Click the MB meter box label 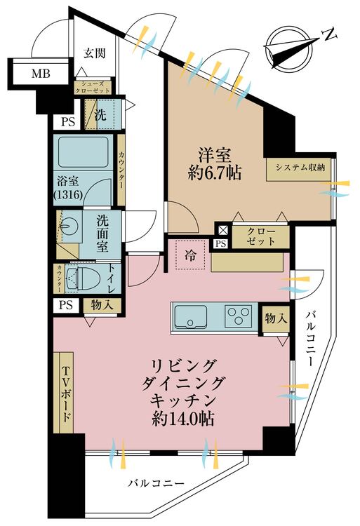coord(41,73)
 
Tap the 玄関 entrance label coord(95,53)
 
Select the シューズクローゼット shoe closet coord(92,88)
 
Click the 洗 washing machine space coord(100,115)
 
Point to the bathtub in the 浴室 coord(84,151)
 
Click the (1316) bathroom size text coord(68,195)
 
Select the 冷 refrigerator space coord(190,255)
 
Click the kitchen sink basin coord(189,317)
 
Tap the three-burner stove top coord(238,316)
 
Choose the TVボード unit coord(64,393)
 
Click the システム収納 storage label coord(300,168)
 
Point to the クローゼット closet coord(260,237)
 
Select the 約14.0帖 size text coord(183,419)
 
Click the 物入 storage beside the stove coord(276,319)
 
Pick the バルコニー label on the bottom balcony coord(156,483)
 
